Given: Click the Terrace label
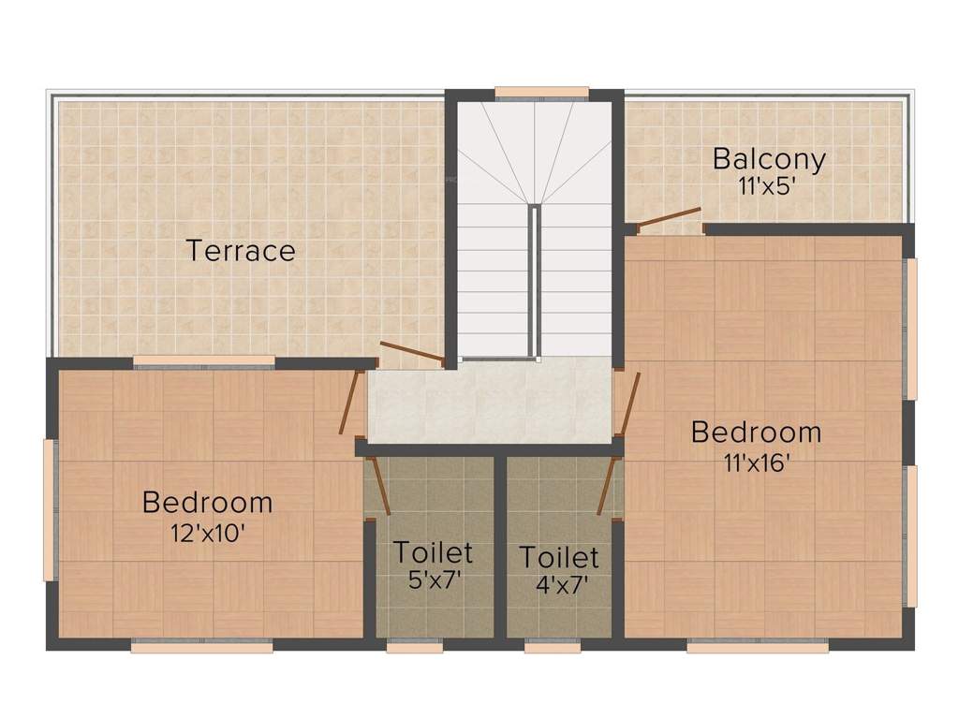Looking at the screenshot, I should point(241,251).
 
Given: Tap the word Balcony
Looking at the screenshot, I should point(769,158).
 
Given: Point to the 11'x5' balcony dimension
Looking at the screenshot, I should point(767,185).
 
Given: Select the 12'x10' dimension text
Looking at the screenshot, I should point(207,532).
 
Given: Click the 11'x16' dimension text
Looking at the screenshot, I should point(756,462).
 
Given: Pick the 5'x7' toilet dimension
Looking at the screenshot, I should point(433,580).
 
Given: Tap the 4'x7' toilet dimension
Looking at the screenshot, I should point(559,584).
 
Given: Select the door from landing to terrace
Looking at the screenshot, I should point(412,352).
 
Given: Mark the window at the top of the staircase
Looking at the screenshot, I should point(541,93).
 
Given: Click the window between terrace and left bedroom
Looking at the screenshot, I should point(204,361).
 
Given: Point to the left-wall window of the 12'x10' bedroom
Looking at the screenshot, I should point(50,510).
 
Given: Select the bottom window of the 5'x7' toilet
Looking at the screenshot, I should point(414,646).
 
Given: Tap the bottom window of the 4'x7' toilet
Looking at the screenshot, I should point(553,646).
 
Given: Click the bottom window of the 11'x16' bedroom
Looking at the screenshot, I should point(758,646).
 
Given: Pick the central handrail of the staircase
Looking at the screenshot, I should point(535,281).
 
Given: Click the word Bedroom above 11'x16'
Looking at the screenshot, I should point(756,433).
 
